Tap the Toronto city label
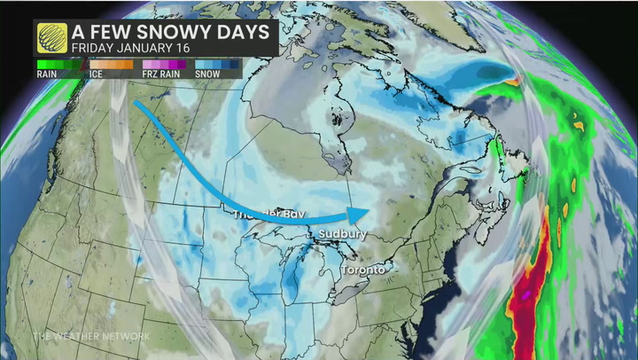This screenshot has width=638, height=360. pyautogui.click(x=363, y=269)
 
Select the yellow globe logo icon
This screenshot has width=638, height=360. pyautogui.click(x=52, y=38)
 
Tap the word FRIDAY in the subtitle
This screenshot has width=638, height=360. pyautogui.click(x=95, y=48)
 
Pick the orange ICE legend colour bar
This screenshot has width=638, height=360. pyautogui.click(x=111, y=64)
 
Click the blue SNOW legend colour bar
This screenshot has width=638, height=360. pyautogui.click(x=216, y=64)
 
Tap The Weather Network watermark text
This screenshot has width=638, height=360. pyautogui.click(x=90, y=336)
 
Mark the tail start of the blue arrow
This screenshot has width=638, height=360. pyautogui.click(x=136, y=103)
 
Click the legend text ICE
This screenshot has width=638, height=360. pyautogui.click(x=96, y=74)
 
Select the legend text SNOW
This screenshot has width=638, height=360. pyautogui.click(x=208, y=74)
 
